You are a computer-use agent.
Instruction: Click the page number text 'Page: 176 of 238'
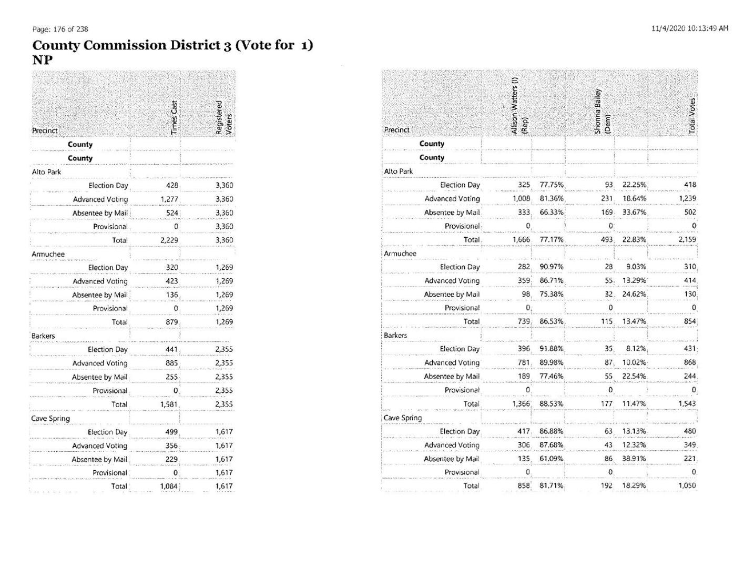pos(60,29)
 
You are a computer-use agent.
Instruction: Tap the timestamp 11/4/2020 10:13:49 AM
pos(689,28)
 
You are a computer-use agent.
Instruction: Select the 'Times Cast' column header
pos(175,117)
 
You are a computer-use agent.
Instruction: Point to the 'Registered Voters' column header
pos(223,117)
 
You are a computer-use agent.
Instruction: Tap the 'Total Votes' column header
pos(692,115)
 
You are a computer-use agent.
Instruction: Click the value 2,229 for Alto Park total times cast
pos(169,240)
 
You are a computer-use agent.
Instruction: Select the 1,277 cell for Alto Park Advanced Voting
pos(169,199)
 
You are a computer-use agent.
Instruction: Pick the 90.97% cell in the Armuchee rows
pos(551,267)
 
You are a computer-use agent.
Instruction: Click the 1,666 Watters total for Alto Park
pos(521,240)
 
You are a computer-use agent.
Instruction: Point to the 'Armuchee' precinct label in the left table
pos(48,255)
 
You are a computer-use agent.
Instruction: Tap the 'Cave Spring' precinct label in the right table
pos(403,418)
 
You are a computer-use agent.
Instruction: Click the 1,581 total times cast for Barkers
pos(169,404)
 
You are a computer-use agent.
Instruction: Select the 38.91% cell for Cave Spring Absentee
pos(634,459)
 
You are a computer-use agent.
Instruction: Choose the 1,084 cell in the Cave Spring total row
pos(169,487)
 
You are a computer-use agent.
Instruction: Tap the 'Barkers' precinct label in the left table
pos(43,336)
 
